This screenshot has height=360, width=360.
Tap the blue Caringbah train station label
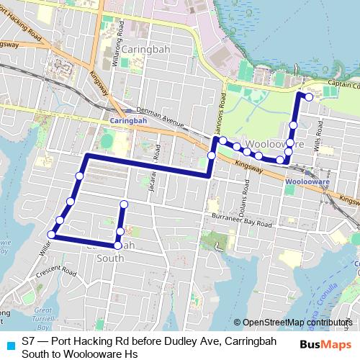(128, 121)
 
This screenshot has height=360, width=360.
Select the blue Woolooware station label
(307, 183)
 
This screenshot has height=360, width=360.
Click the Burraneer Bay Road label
(240, 220)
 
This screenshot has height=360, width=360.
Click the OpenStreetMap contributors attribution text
(296, 323)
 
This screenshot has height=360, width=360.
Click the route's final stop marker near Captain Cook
(309, 96)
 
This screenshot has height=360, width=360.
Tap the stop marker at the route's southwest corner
(52, 234)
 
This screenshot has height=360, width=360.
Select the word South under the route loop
(109, 258)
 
